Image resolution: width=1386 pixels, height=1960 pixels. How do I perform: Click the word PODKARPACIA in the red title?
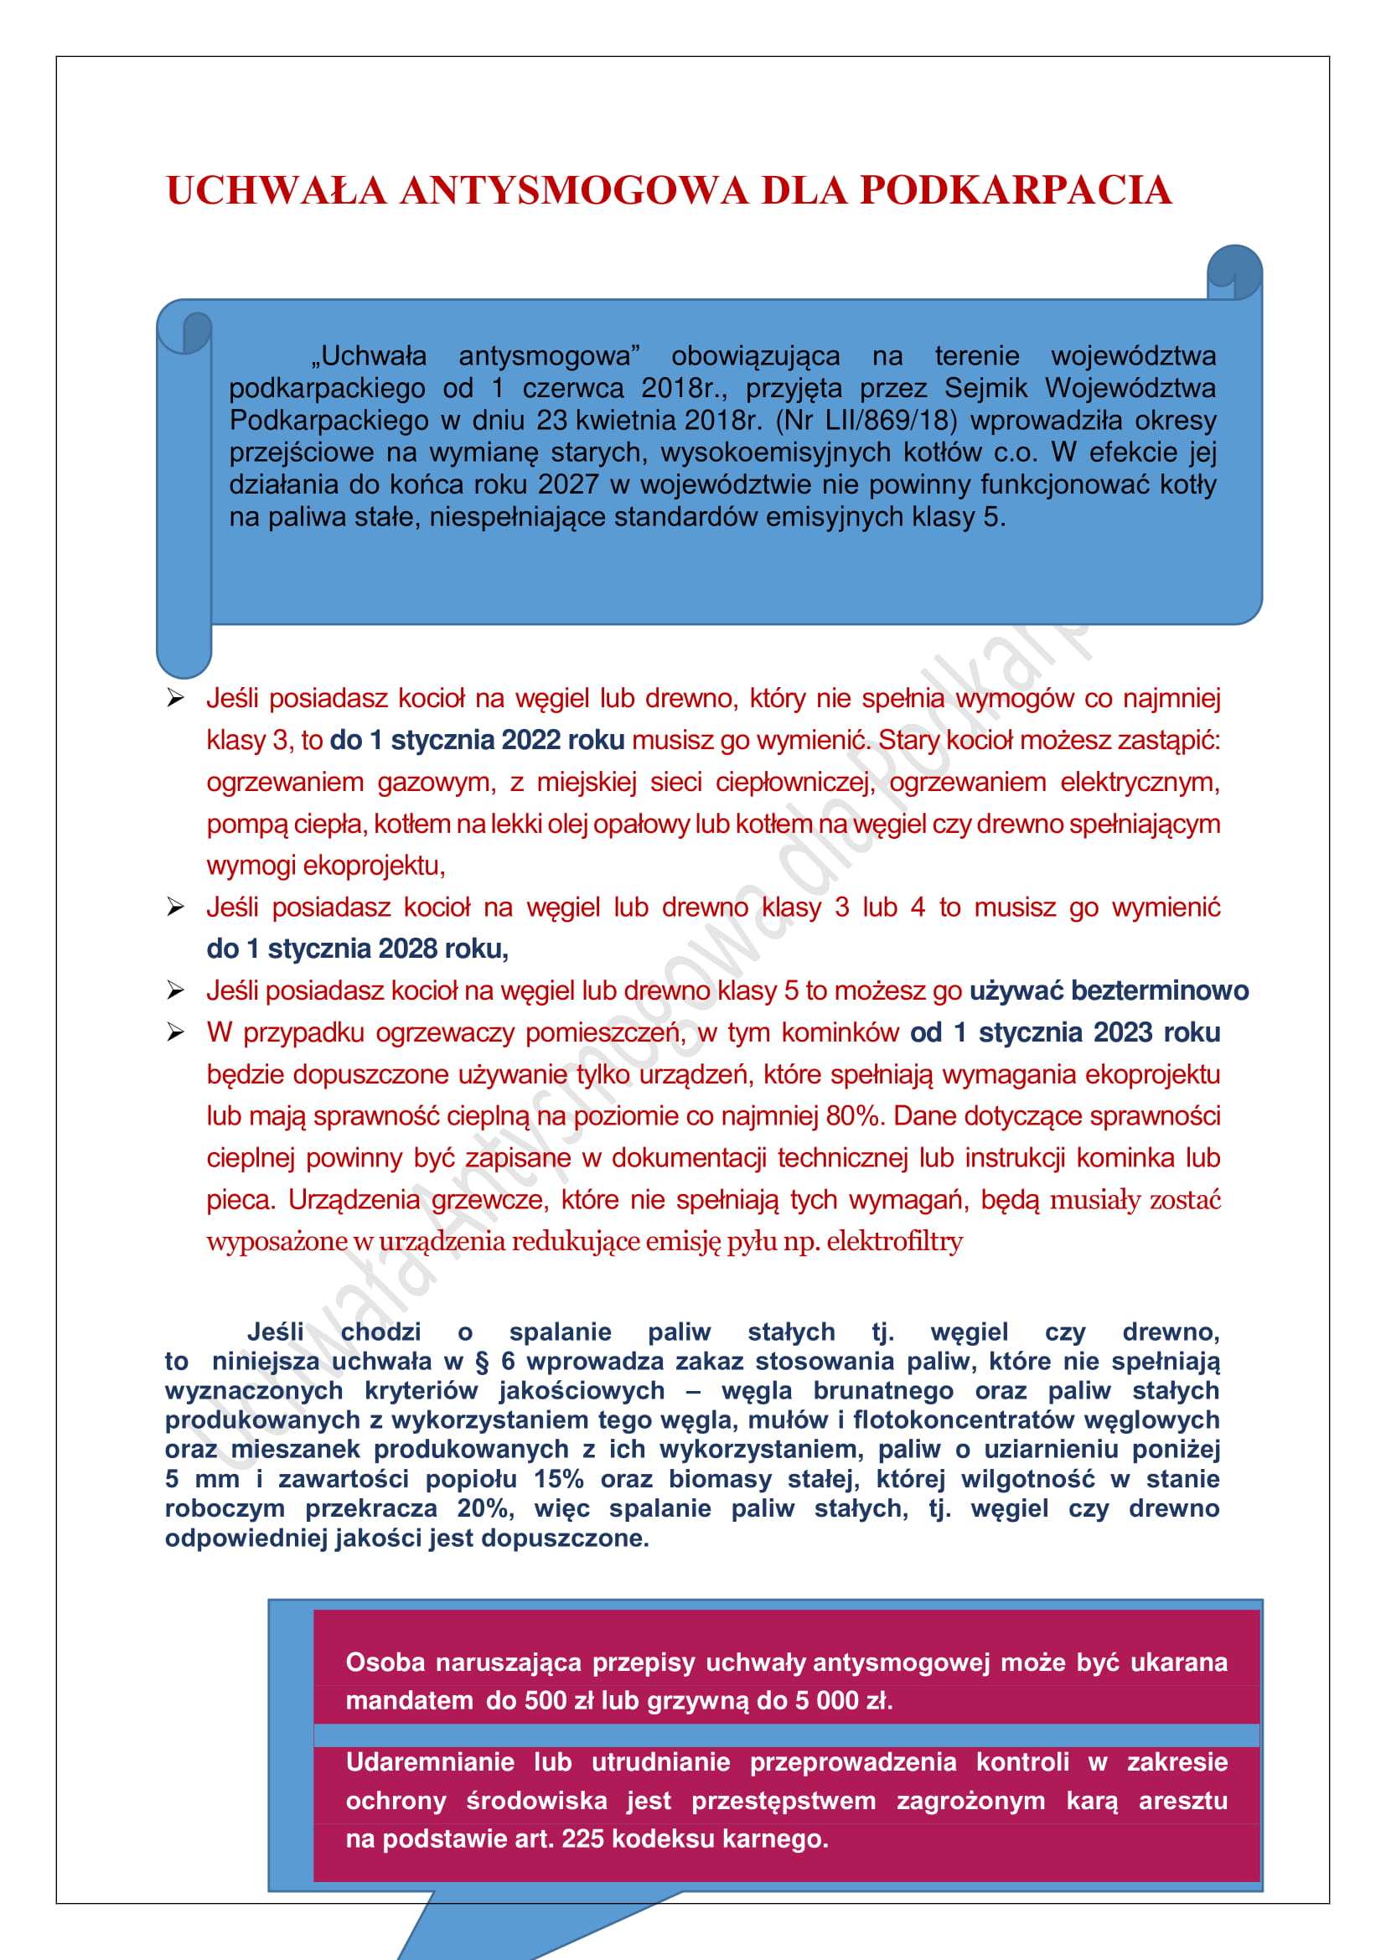click(x=1016, y=190)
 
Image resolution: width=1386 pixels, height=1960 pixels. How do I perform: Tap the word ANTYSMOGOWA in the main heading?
click(x=573, y=190)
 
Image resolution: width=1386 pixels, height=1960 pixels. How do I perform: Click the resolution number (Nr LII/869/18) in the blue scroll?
click(x=866, y=420)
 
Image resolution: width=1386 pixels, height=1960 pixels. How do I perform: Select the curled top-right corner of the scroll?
click(x=1234, y=272)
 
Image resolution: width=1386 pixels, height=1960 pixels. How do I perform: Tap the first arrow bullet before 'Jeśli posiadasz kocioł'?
click(x=176, y=698)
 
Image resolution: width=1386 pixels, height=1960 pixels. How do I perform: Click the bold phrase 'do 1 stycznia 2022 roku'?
click(x=477, y=740)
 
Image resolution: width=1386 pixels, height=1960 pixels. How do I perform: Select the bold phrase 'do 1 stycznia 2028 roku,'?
click(x=357, y=949)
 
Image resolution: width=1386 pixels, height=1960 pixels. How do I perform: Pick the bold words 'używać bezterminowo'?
click(x=1109, y=990)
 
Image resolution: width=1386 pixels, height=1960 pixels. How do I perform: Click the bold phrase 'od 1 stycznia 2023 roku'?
click(x=1064, y=1032)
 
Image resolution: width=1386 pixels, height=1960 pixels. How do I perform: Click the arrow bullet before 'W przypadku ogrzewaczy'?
click(x=176, y=1033)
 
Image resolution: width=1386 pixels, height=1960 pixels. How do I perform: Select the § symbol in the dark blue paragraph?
click(x=482, y=1361)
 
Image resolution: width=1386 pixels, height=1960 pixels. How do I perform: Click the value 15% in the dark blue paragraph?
click(x=558, y=1478)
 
